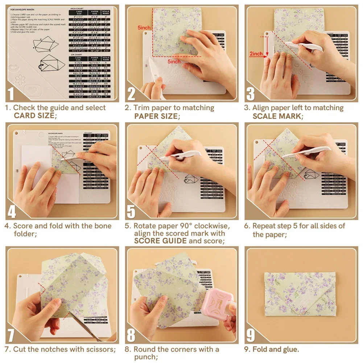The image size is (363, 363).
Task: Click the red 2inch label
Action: point(256,54)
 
